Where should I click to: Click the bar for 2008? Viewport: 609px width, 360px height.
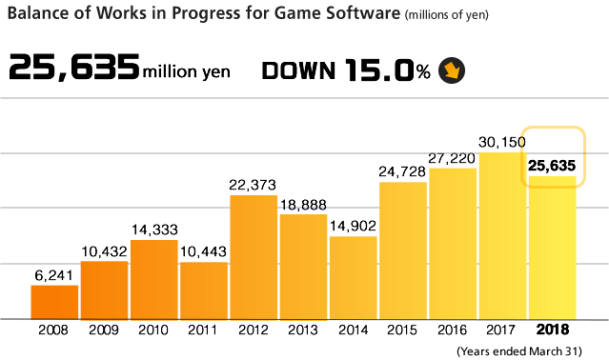(x=54, y=301)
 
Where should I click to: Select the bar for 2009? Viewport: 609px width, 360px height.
(x=104, y=290)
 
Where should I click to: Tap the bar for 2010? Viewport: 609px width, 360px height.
(x=153, y=279)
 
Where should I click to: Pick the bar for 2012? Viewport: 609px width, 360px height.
(x=254, y=256)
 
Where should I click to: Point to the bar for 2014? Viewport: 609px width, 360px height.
(x=353, y=277)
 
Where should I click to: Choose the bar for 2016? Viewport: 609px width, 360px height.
(x=453, y=243)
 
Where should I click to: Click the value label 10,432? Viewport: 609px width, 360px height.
(x=104, y=250)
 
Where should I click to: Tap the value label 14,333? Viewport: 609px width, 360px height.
(x=153, y=230)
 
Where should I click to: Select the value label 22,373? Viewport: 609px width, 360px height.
(x=254, y=185)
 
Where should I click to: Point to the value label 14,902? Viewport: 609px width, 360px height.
(x=353, y=226)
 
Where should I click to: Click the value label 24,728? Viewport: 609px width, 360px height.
(x=403, y=171)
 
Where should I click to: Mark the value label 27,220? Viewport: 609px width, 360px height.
(x=453, y=159)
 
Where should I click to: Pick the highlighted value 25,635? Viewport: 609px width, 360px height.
(x=552, y=167)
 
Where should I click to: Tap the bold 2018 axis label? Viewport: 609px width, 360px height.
(x=553, y=330)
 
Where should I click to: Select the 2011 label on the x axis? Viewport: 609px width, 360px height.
(x=203, y=330)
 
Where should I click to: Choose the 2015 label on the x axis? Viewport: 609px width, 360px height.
(x=403, y=330)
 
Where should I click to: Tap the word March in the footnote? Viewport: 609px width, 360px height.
(x=546, y=350)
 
